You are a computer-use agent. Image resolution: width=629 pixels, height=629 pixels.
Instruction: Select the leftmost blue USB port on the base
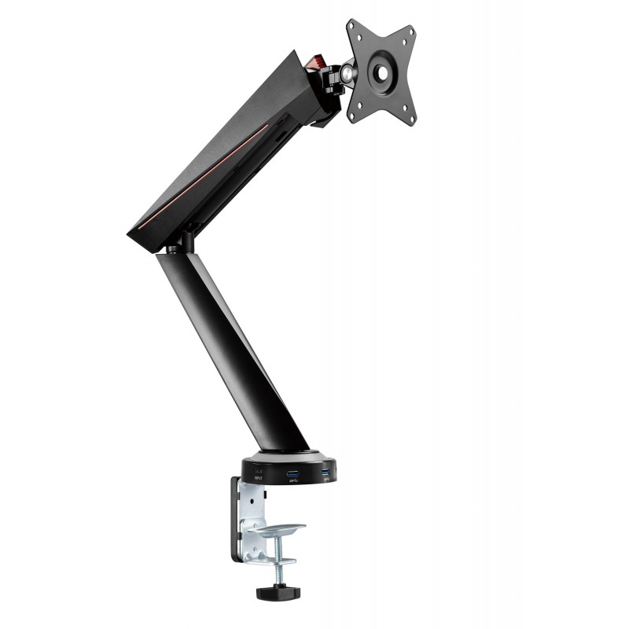[293, 474]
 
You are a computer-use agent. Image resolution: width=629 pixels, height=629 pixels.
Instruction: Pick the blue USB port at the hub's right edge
[325, 473]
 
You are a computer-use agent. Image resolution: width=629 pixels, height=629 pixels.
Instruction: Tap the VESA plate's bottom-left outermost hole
[353, 116]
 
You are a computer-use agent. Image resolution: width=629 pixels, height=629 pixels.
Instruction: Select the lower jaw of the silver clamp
[273, 560]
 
